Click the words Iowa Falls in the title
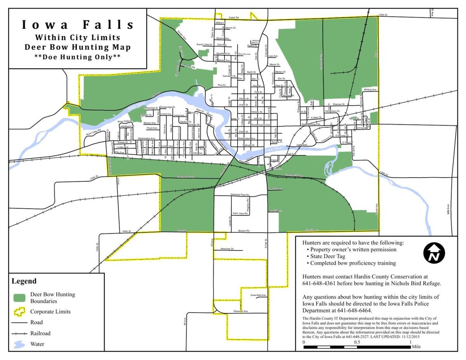coord(78,24)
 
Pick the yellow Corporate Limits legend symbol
coord(19,311)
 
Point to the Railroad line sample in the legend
coord(19,333)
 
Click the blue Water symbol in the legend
coord(19,344)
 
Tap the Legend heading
coord(24,281)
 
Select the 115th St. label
coord(384,15)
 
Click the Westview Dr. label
coord(227,248)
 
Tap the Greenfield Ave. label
coord(258,295)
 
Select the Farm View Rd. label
coord(240,214)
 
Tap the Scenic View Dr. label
coord(205,45)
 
